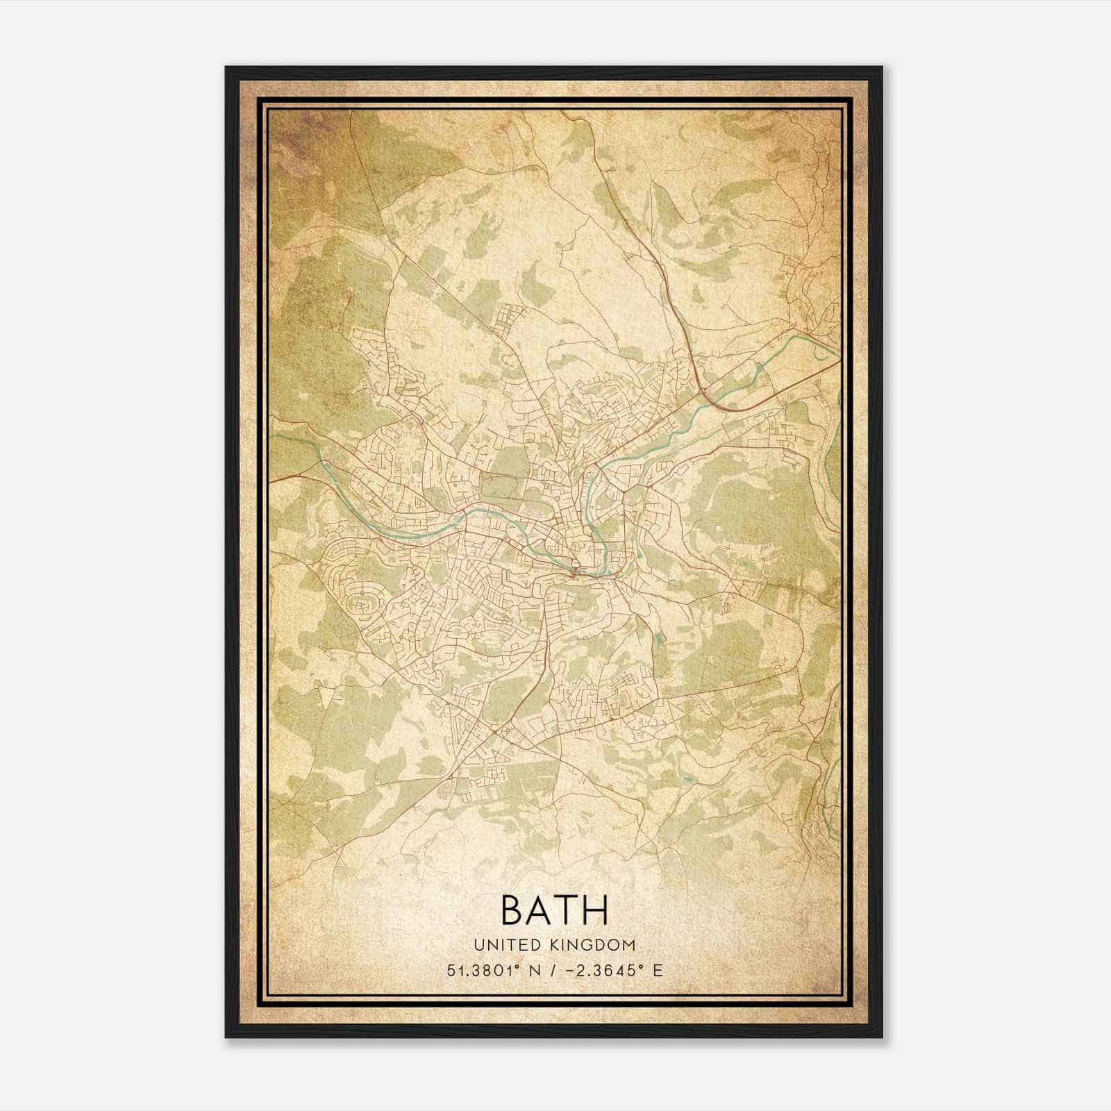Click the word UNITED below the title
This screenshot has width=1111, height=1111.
[506, 945]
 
